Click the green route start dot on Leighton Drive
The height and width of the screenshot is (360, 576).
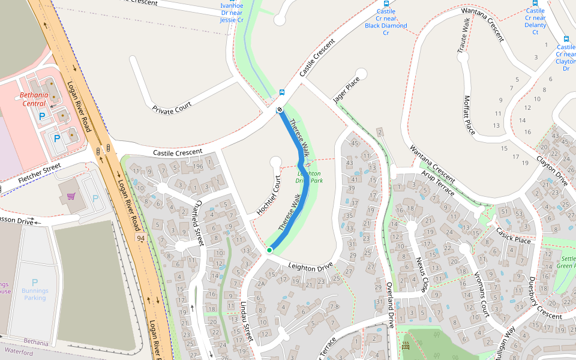[269, 250]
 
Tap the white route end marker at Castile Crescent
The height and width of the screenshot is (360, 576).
[280, 110]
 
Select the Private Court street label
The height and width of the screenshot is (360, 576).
[172, 108]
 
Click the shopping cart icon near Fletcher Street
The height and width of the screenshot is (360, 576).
[71, 196]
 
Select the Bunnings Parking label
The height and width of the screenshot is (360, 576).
[34, 294]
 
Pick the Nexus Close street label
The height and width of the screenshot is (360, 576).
[422, 274]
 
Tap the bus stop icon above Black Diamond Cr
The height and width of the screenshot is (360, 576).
[386, 3]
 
